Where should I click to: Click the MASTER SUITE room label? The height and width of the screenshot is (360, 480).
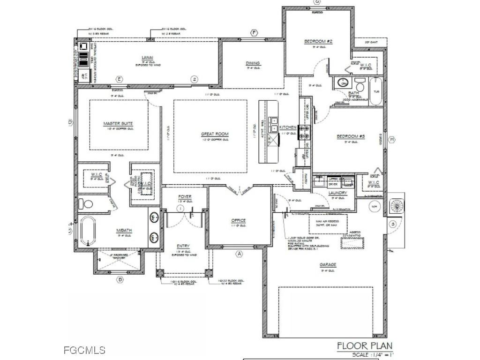tap(118, 124)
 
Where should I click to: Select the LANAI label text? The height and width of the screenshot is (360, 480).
tap(148, 58)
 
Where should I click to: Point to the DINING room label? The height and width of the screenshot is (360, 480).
tap(253, 63)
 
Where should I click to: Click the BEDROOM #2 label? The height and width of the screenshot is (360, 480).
tap(318, 42)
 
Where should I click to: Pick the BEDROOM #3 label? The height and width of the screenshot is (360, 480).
tap(351, 137)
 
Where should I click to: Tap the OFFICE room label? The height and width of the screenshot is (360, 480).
tap(239, 220)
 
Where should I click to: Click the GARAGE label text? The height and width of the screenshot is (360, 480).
tap(328, 265)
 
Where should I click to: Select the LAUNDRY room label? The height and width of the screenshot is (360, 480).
tap(337, 193)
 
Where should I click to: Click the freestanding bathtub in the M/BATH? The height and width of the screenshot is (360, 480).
tap(88, 231)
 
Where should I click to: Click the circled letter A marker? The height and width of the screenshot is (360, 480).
tap(239, 254)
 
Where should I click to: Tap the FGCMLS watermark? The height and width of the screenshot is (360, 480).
tap(84, 350)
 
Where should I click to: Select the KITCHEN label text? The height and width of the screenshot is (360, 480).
tap(288, 127)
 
